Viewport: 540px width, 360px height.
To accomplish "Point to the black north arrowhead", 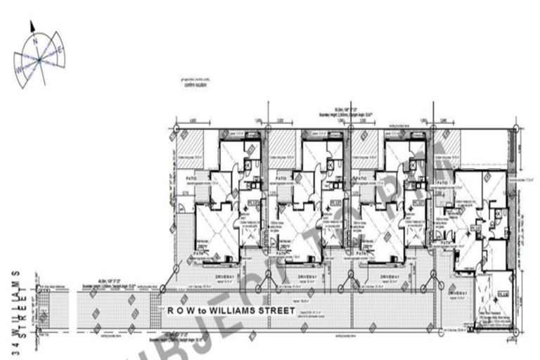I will (x=32, y=26).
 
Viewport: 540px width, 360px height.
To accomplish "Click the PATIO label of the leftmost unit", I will (x=183, y=179).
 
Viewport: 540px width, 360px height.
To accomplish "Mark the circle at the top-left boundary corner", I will (x=176, y=129).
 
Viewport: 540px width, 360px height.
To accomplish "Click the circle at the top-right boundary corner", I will (x=516, y=128).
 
